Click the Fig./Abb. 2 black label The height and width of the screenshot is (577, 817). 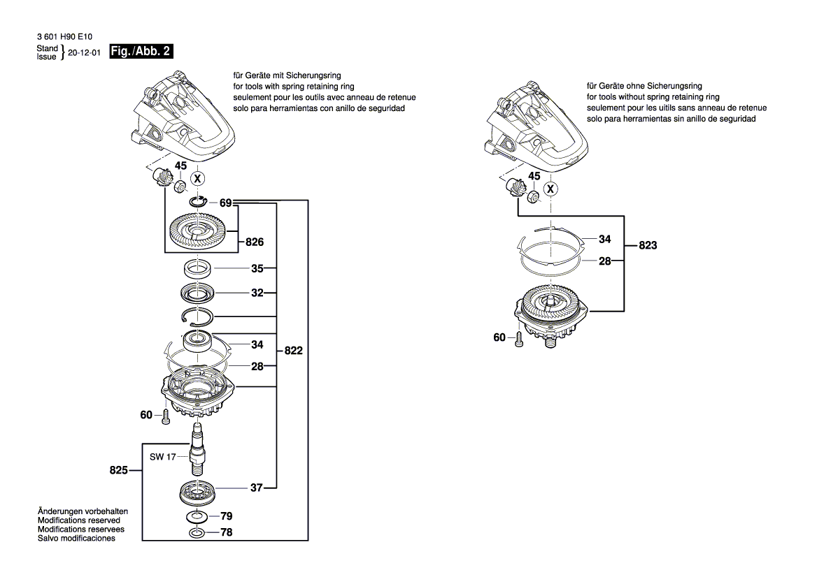tap(141, 52)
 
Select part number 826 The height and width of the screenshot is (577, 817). tap(254, 242)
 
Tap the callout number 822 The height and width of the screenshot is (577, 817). tap(294, 351)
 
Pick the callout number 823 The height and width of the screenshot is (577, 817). tap(648, 246)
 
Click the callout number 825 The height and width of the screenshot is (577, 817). tap(119, 470)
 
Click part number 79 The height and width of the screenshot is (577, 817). tap(227, 516)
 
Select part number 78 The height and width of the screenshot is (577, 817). tap(227, 533)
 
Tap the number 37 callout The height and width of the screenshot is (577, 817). tap(256, 488)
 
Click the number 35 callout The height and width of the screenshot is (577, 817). tap(257, 268)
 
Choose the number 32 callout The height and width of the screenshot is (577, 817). tap(257, 293)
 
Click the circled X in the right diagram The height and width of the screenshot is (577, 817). tap(551, 189)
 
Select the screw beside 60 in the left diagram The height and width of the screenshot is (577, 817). tap(165, 416)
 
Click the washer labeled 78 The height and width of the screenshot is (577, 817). tap(197, 533)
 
